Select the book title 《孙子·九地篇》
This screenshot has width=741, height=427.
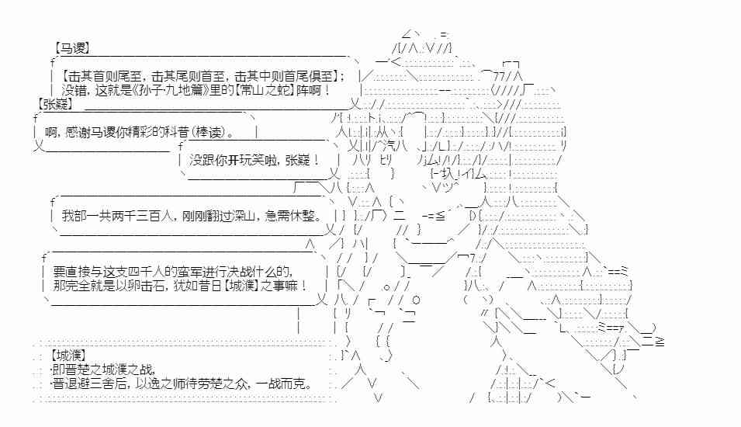[164, 90]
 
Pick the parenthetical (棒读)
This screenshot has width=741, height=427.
[210, 132]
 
